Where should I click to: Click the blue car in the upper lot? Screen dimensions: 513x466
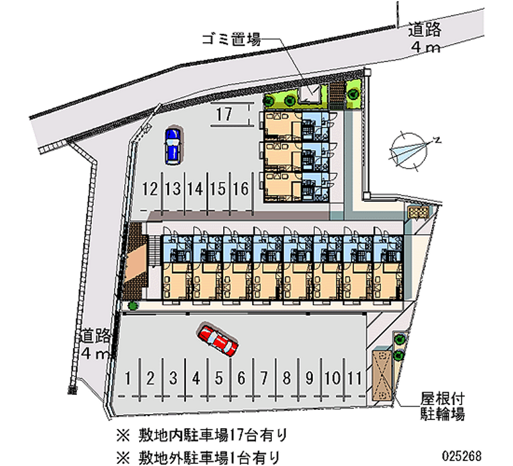coord(172,146)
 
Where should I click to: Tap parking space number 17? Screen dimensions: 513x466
coord(224,114)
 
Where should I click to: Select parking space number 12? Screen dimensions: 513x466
coord(150,188)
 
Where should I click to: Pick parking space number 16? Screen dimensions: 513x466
coord(241,188)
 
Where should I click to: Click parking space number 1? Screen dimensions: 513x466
coord(128,378)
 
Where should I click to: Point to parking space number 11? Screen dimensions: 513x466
coord(355,378)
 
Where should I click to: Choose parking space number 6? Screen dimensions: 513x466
coord(241,378)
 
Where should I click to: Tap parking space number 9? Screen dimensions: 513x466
coord(309,378)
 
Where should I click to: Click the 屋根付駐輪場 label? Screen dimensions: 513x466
coord(442,406)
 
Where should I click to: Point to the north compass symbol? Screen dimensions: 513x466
coord(411,150)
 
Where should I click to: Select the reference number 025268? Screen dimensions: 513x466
coord(462,455)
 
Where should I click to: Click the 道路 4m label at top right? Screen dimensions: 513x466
coord(425,38)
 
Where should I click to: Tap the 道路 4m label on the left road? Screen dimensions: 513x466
coord(96,344)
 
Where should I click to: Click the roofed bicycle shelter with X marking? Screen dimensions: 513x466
coord(382,376)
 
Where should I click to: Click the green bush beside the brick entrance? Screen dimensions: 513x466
coord(133,306)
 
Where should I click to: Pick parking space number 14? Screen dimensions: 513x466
coord(196,188)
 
